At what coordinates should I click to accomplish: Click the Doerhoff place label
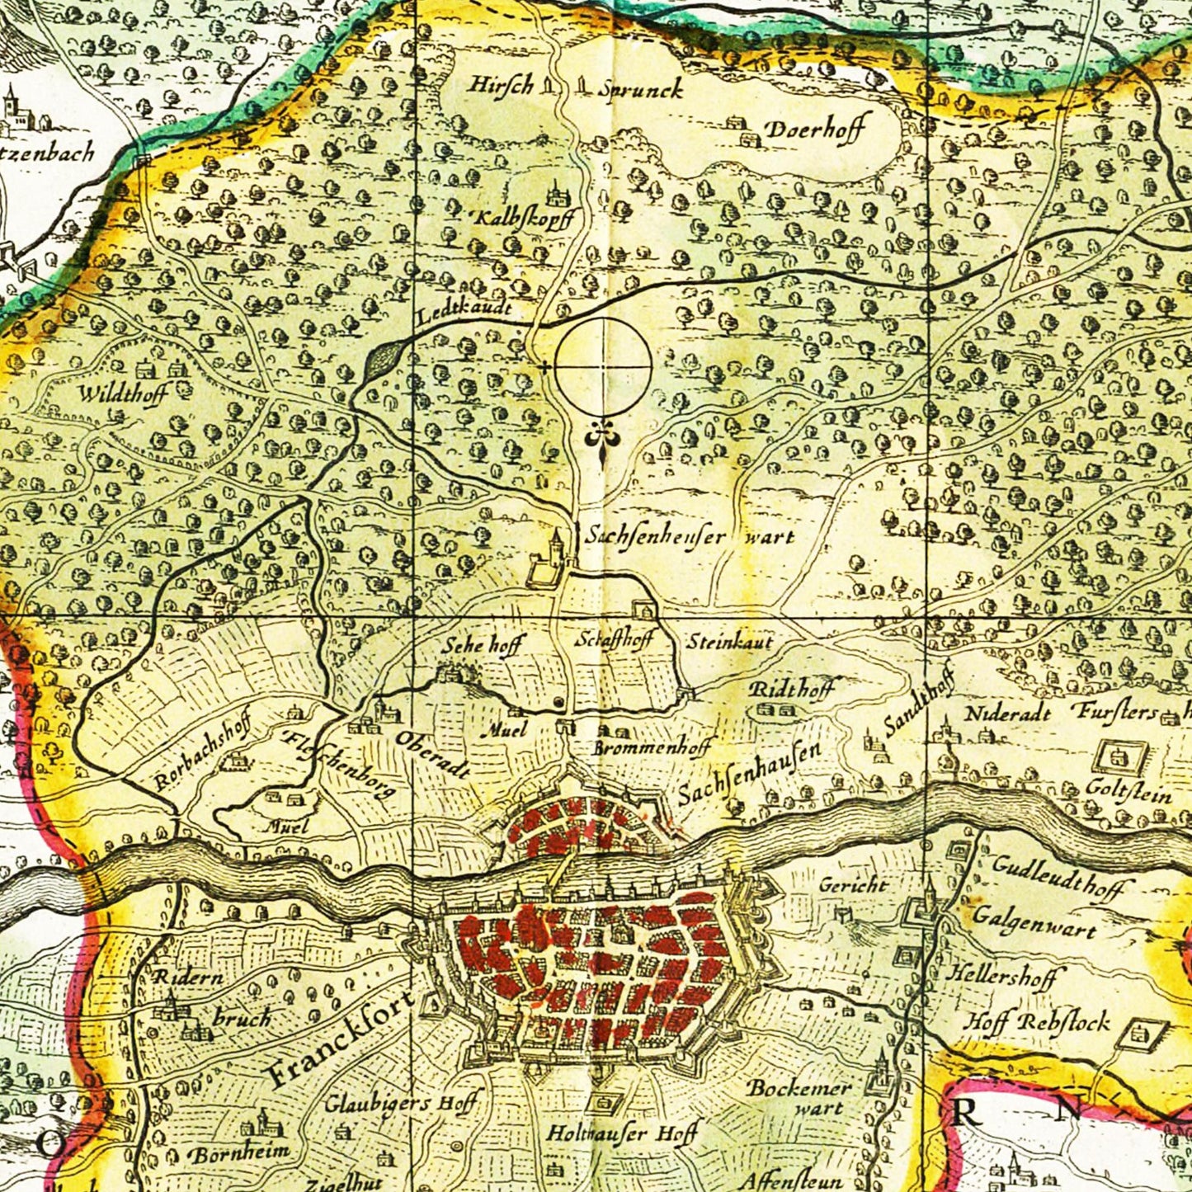(x=813, y=130)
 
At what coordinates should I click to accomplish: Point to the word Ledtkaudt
(x=464, y=312)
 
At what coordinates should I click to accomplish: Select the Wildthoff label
(x=123, y=393)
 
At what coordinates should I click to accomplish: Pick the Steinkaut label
(x=730, y=641)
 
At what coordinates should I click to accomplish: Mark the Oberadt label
(x=432, y=754)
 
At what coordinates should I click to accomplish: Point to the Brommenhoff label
(x=652, y=748)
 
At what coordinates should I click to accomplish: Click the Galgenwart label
(x=1034, y=921)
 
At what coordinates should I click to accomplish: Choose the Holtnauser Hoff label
(x=622, y=1133)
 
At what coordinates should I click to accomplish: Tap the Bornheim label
(x=240, y=1152)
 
